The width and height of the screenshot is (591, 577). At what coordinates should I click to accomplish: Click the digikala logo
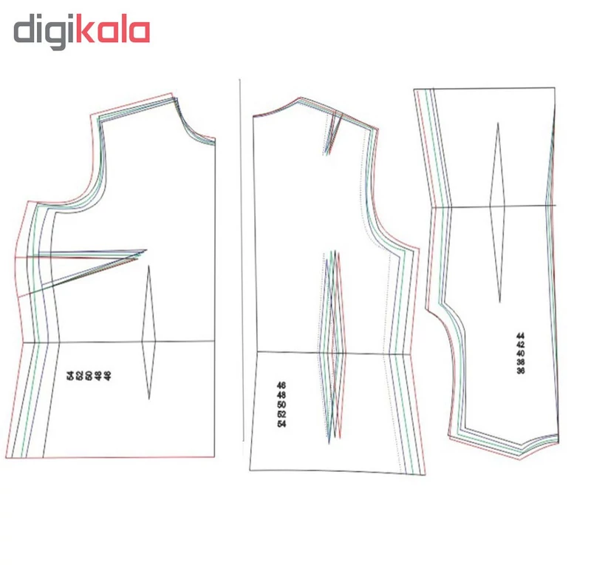pyautogui.click(x=82, y=31)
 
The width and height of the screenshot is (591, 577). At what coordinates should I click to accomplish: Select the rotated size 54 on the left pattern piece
pyautogui.click(x=70, y=376)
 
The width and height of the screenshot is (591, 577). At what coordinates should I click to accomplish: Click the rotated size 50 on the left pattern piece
pyautogui.click(x=89, y=376)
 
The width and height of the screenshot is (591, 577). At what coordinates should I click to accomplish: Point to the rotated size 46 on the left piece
pyautogui.click(x=108, y=376)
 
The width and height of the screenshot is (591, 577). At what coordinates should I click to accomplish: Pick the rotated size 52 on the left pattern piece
pyautogui.click(x=80, y=376)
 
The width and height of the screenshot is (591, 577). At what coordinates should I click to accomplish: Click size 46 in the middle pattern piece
pyautogui.click(x=281, y=385)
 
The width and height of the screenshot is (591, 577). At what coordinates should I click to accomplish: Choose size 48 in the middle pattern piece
pyautogui.click(x=281, y=395)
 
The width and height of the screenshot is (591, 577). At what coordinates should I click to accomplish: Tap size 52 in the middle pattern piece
pyautogui.click(x=281, y=414)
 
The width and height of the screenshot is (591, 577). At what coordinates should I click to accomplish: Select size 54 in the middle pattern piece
pyautogui.click(x=281, y=424)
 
